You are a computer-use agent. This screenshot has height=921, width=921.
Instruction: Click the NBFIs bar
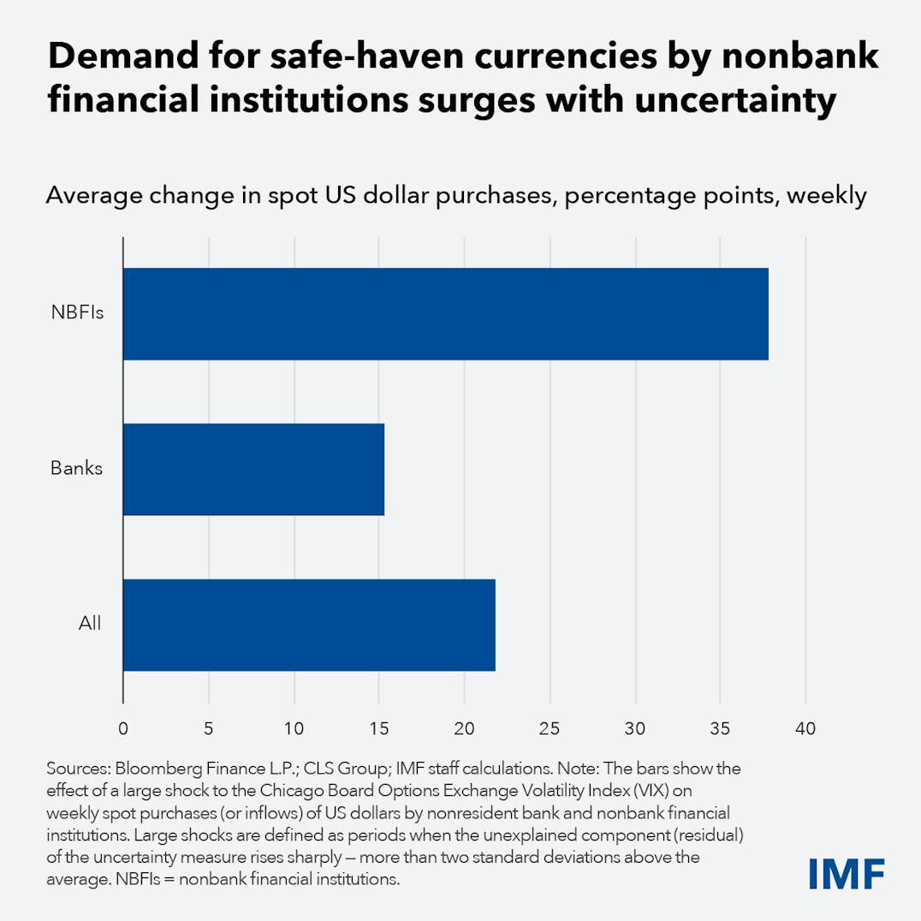(445, 314)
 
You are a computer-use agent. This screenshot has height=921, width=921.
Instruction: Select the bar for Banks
(253, 469)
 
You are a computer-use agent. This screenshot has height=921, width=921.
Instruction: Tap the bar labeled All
(309, 625)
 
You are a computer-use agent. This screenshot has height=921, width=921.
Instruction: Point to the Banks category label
(76, 469)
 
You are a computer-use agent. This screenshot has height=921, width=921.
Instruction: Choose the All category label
(89, 623)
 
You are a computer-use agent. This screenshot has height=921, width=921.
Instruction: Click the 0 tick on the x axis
(123, 729)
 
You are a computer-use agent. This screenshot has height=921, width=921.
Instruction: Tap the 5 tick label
(209, 729)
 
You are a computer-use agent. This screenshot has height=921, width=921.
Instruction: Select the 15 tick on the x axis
(379, 729)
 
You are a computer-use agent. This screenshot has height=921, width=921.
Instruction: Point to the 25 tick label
(550, 729)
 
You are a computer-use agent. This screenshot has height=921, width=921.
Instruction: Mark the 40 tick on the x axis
(805, 729)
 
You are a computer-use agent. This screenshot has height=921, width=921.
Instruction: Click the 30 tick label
(635, 729)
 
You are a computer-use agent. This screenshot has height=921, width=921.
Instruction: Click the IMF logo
(846, 873)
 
